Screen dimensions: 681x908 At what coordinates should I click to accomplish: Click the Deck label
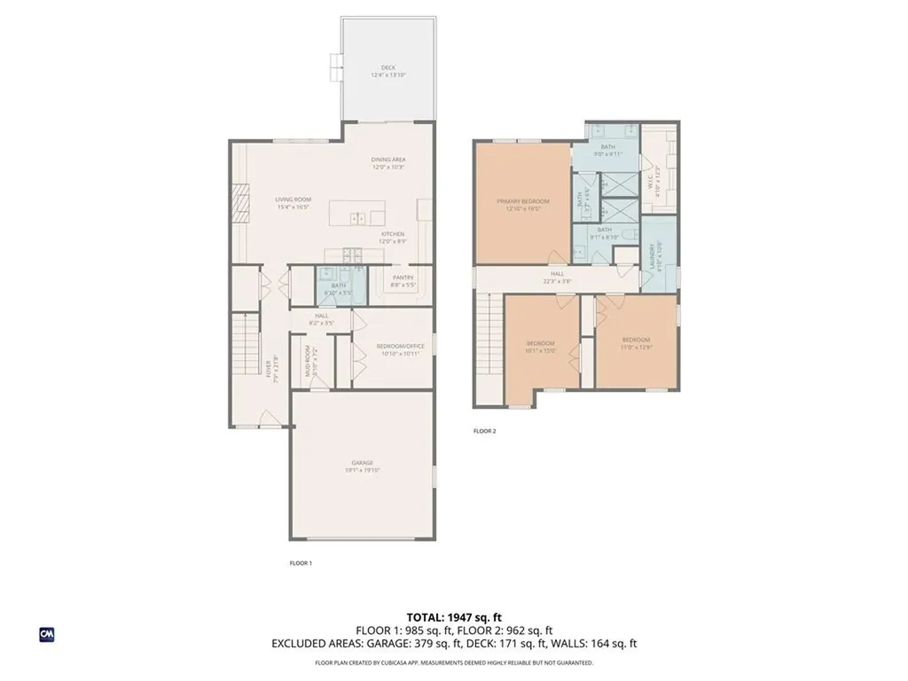(x=387, y=71)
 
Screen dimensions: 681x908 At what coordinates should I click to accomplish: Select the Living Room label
(x=292, y=204)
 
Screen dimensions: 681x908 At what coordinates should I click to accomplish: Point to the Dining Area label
(x=387, y=163)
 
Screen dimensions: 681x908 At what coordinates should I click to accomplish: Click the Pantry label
(x=403, y=281)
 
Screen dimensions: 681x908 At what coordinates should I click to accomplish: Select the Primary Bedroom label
(x=522, y=205)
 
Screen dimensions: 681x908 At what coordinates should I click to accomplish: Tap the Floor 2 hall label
(x=557, y=278)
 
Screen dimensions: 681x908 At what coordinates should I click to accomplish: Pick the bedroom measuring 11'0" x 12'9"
(x=636, y=343)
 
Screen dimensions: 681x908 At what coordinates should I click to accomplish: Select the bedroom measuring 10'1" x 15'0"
(x=540, y=347)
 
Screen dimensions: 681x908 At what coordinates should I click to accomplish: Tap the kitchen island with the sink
(x=357, y=215)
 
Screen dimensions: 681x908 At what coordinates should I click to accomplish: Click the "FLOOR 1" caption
(x=301, y=563)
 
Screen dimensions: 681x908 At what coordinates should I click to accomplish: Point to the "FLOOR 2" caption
(x=484, y=431)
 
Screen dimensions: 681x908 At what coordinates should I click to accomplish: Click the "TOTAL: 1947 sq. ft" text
(x=453, y=616)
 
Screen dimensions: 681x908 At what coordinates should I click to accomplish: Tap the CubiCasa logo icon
(x=47, y=634)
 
